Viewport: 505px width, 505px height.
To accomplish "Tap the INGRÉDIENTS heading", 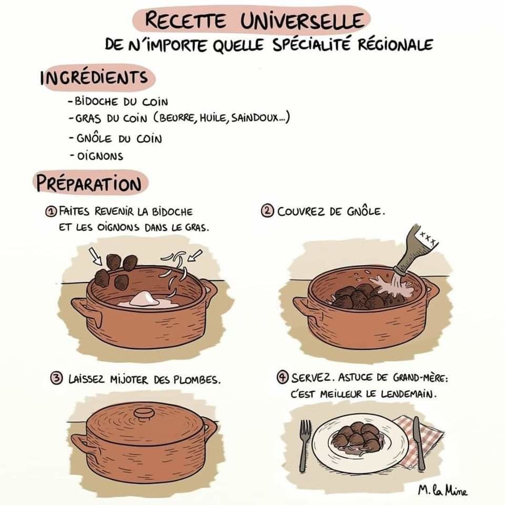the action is pyautogui.click(x=94, y=78).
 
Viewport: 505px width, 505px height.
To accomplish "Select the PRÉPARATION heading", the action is pyautogui.click(x=89, y=184).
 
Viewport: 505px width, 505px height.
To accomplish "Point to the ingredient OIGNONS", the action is pyautogui.click(x=100, y=156).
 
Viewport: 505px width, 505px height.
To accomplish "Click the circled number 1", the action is pyautogui.click(x=50, y=211).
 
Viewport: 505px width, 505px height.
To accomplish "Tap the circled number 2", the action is pyautogui.click(x=267, y=211).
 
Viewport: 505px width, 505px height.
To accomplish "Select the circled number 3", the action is pyautogui.click(x=57, y=378).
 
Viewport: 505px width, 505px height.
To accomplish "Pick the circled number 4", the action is pyautogui.click(x=282, y=377).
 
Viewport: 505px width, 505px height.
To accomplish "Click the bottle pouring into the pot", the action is pyautogui.click(x=416, y=250).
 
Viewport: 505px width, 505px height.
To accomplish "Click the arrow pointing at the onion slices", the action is pyautogui.click(x=195, y=256).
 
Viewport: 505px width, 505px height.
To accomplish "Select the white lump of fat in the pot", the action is pyautogui.click(x=143, y=299).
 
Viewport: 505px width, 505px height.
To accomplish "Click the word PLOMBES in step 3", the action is pyautogui.click(x=197, y=380).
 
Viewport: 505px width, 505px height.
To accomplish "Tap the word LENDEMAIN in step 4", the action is pyautogui.click(x=409, y=393).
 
